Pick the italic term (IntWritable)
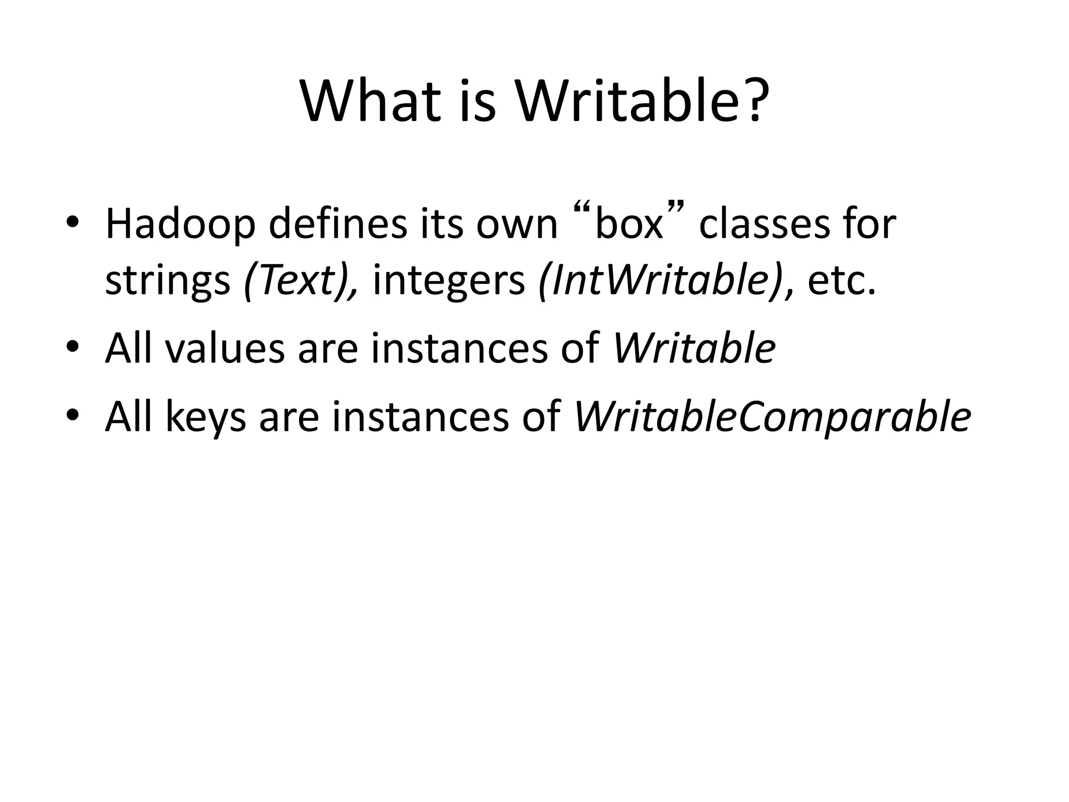pyautogui.click(x=660, y=280)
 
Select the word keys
pyautogui.click(x=206, y=418)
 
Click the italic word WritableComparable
pyautogui.click(x=772, y=417)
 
